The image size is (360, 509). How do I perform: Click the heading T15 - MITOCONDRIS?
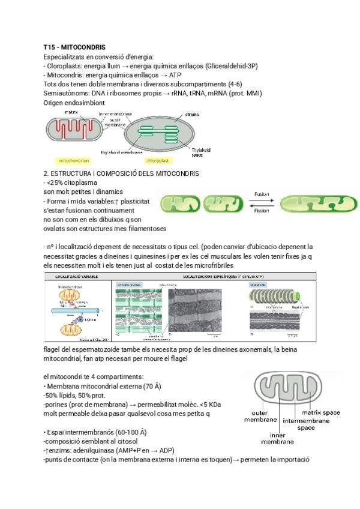tap(75, 47)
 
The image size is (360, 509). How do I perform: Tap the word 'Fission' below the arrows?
tap(262, 211)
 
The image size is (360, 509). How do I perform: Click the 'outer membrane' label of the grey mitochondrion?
tap(260, 417)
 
